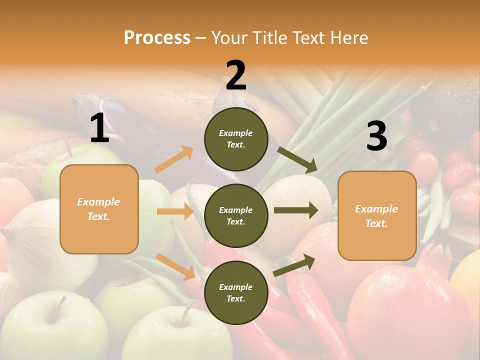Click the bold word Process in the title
point(157,38)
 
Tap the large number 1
point(99,128)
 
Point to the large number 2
point(236,75)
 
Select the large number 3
point(376,136)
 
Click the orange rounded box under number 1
point(99,209)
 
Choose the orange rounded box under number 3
point(377,215)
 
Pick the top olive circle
point(236,139)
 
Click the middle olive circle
point(236,215)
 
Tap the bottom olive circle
point(236,292)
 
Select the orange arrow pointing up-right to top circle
point(173,159)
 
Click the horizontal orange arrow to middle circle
point(174,211)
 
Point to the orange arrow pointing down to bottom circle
point(175,266)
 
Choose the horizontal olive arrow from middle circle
point(295,210)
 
